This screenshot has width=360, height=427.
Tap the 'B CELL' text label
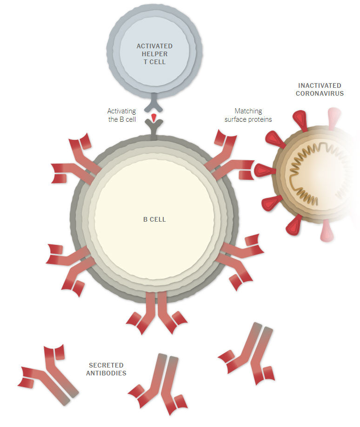[154, 219]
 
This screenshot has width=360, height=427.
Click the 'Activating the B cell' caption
[122, 115]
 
